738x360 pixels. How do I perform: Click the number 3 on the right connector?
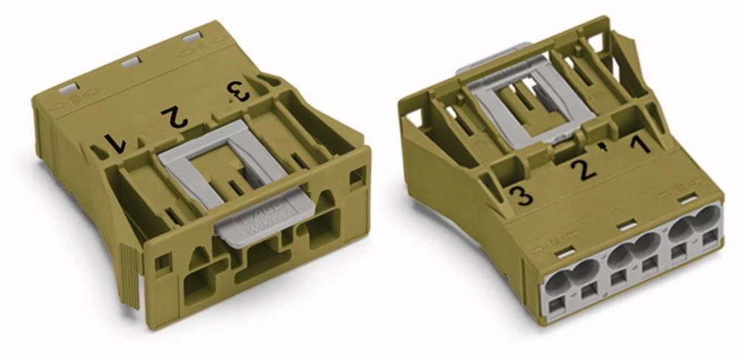pos(523,197)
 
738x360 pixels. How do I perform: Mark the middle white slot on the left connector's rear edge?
pos(131,63)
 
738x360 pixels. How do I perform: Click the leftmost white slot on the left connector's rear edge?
pos(68,89)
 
